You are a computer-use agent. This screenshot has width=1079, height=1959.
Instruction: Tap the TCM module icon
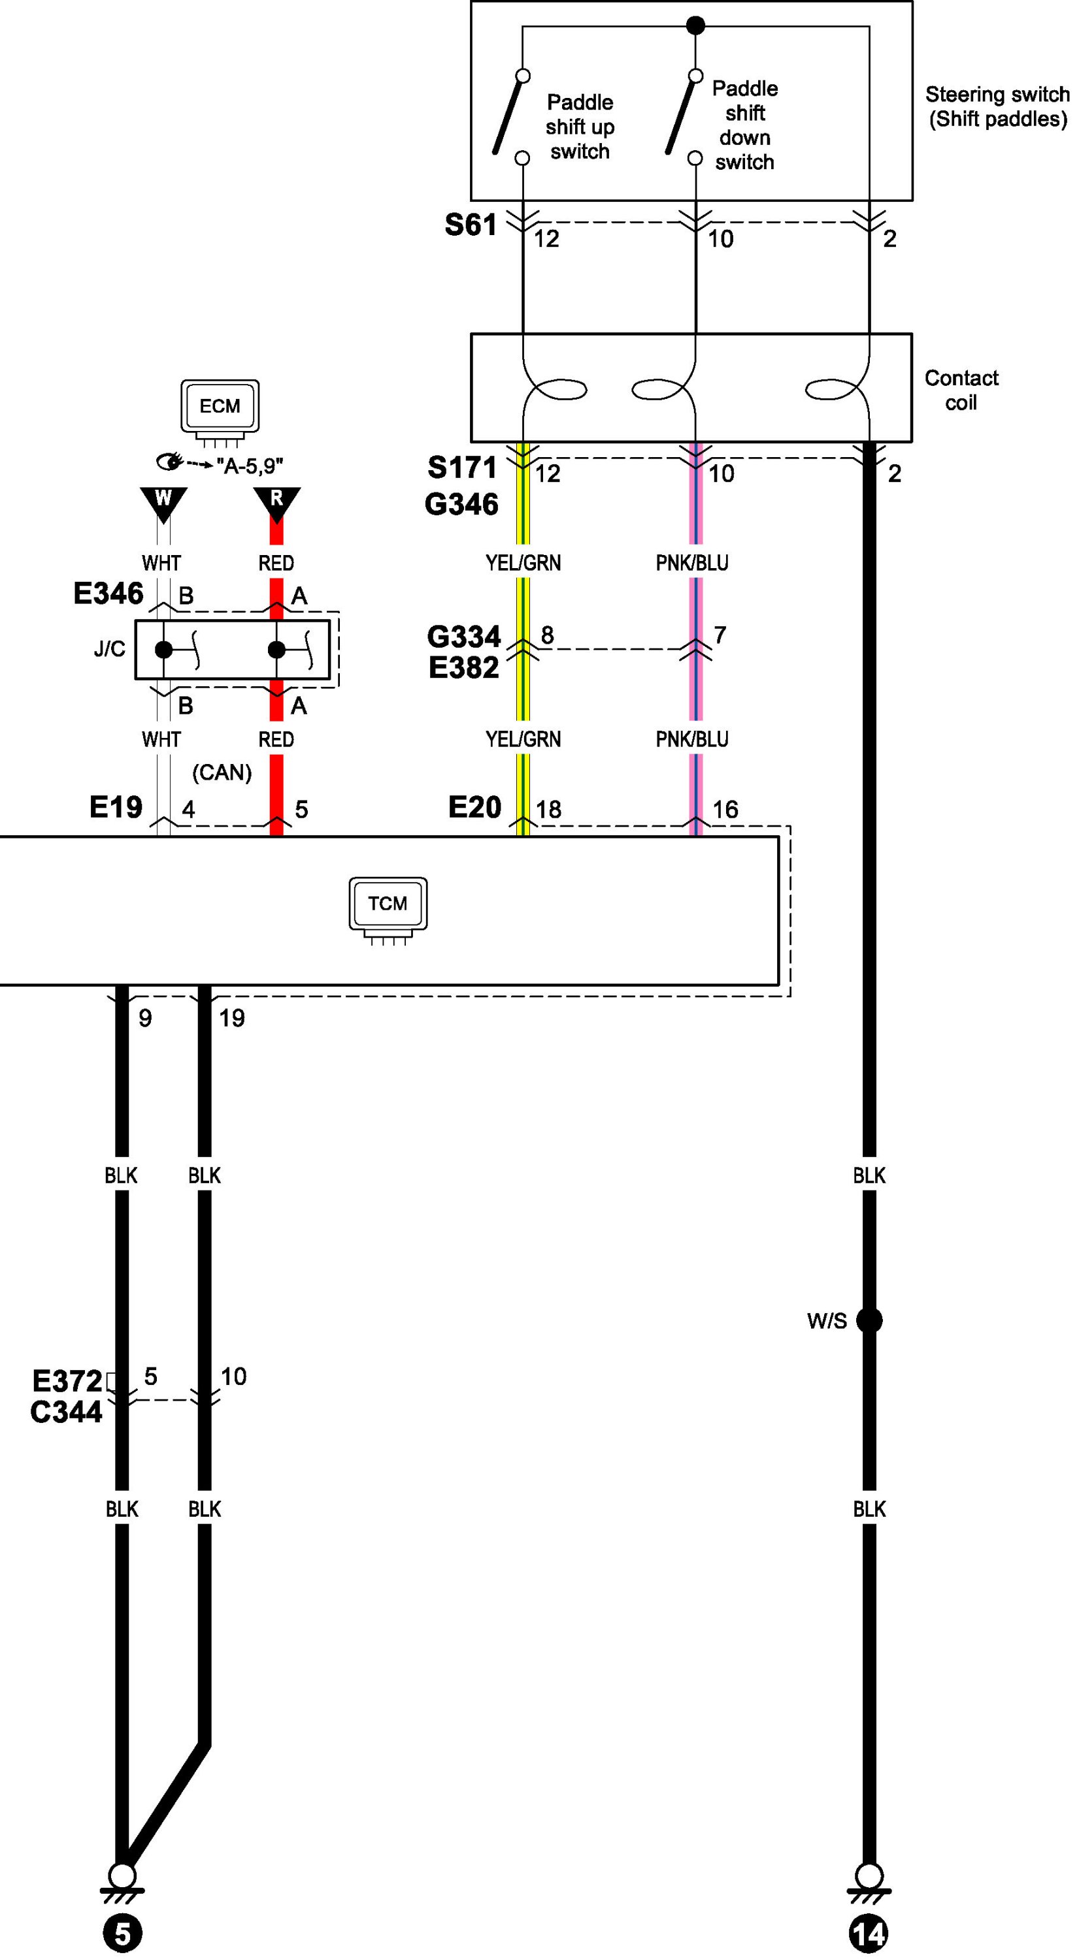(x=388, y=906)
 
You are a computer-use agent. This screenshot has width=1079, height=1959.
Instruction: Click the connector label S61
(x=471, y=225)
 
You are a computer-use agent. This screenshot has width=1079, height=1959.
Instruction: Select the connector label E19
(x=116, y=807)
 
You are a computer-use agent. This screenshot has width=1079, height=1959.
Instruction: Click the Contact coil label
(x=961, y=390)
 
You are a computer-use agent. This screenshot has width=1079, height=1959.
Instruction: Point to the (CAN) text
(x=222, y=772)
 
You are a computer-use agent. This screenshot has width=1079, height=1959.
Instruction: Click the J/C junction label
(x=110, y=648)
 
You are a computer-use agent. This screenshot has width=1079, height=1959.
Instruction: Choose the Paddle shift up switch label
(x=580, y=127)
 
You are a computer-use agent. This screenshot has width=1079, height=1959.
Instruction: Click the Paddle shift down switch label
(x=744, y=125)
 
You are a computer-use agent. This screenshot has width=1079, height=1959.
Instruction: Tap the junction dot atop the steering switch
(x=695, y=26)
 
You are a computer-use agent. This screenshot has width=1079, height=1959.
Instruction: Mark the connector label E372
(x=67, y=1380)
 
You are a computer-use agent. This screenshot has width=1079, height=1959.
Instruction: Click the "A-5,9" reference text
(x=250, y=466)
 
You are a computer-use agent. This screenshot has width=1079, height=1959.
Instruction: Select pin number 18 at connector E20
(x=548, y=809)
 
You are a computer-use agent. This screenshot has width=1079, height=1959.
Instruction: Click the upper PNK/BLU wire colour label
(x=691, y=563)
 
